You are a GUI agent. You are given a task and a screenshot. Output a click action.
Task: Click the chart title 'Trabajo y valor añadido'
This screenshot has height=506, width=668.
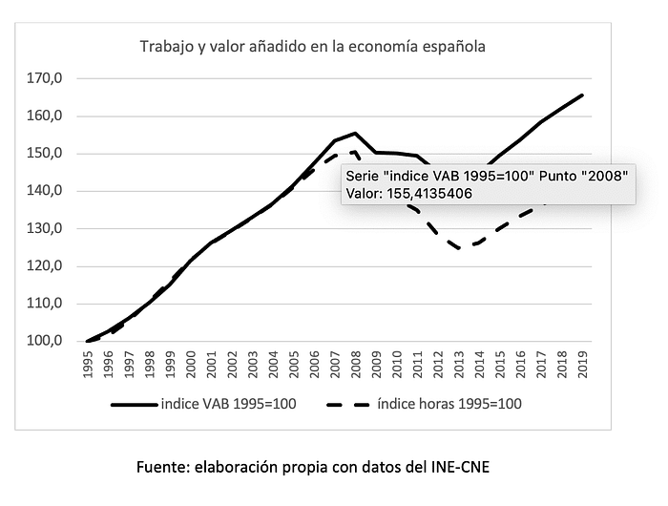click(x=313, y=46)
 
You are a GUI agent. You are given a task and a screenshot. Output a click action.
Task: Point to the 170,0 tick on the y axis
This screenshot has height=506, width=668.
click(x=45, y=78)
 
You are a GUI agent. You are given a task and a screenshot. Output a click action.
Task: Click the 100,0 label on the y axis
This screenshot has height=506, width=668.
click(x=45, y=341)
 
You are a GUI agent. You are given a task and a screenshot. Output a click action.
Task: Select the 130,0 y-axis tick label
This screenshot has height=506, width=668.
click(x=45, y=228)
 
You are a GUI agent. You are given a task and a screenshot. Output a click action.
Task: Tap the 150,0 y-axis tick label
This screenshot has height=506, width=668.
click(x=45, y=154)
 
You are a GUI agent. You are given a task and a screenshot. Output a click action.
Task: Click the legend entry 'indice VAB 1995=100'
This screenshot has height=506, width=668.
click(x=228, y=404)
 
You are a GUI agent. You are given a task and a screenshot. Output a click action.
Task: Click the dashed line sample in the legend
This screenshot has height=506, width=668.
click(x=353, y=404)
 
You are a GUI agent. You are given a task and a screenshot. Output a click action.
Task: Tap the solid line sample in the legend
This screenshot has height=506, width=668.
click(x=133, y=404)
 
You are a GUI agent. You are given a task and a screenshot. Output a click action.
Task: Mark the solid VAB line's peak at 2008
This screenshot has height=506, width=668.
click(x=355, y=133)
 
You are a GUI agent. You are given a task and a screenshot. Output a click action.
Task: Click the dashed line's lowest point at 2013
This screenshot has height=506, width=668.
click(x=459, y=248)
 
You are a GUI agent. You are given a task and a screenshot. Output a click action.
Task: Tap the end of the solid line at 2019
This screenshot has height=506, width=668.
click(x=582, y=95)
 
